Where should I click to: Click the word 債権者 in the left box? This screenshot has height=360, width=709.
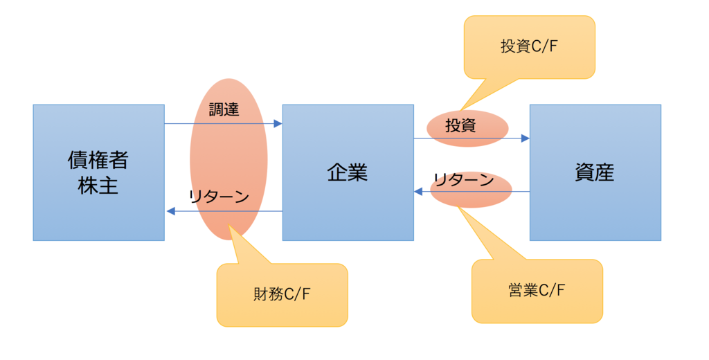(x=98, y=161)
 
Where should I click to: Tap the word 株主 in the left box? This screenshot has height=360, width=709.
(x=98, y=186)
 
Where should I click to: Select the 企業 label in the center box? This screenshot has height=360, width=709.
(x=347, y=172)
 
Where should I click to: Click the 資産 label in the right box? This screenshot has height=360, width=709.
(x=595, y=172)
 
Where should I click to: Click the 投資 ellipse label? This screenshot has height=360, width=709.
(x=460, y=126)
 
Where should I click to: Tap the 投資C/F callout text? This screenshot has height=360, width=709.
(x=530, y=47)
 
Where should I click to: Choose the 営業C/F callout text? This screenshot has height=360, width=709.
(x=537, y=290)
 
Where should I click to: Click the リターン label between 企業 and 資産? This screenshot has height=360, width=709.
(x=464, y=181)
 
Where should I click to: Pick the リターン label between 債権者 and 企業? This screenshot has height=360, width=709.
(x=219, y=196)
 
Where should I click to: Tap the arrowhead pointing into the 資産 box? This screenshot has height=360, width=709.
(x=525, y=138)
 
